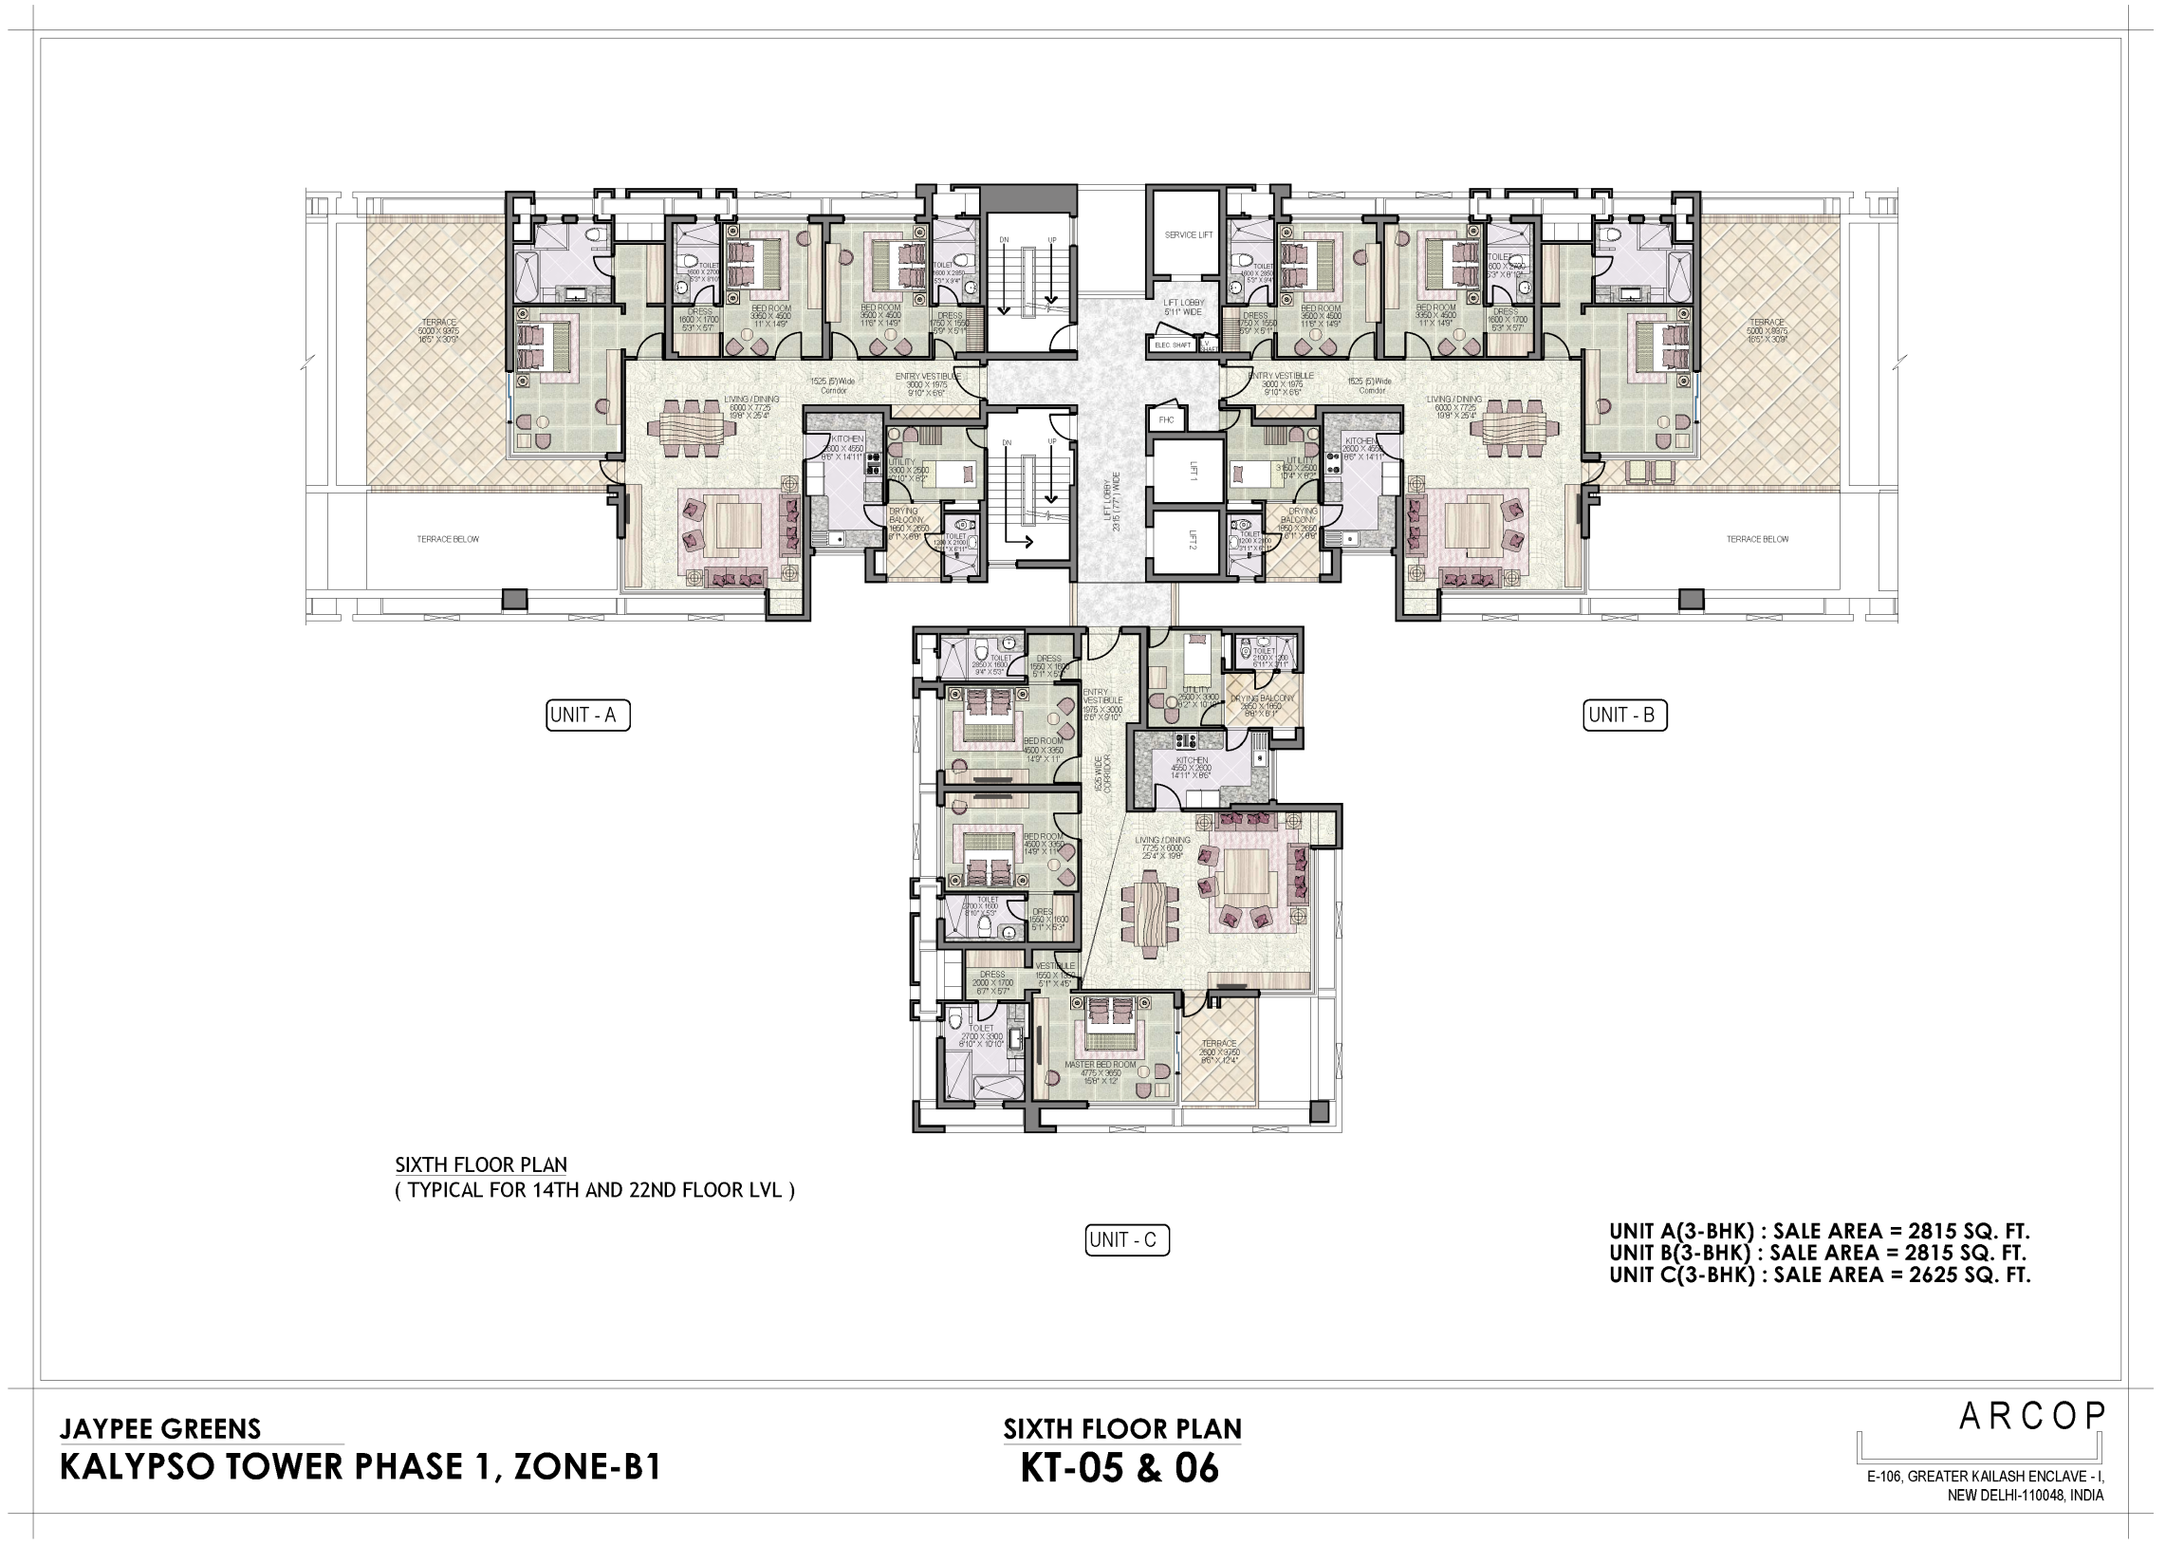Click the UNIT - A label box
[x=588, y=716]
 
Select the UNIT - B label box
[x=1624, y=716]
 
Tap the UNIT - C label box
[x=1127, y=1240]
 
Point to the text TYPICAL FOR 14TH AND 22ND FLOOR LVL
[x=595, y=1190]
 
